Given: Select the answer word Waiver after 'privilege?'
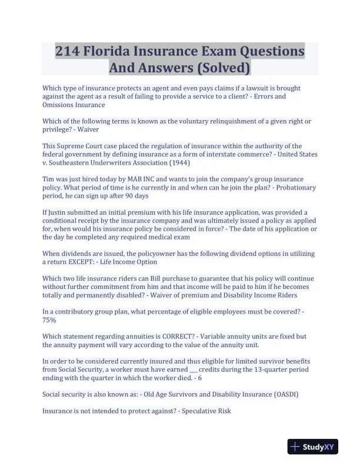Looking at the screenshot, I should tap(87, 129).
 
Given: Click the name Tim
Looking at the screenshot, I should tap(49, 179).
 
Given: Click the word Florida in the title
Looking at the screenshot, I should tap(115, 51).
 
